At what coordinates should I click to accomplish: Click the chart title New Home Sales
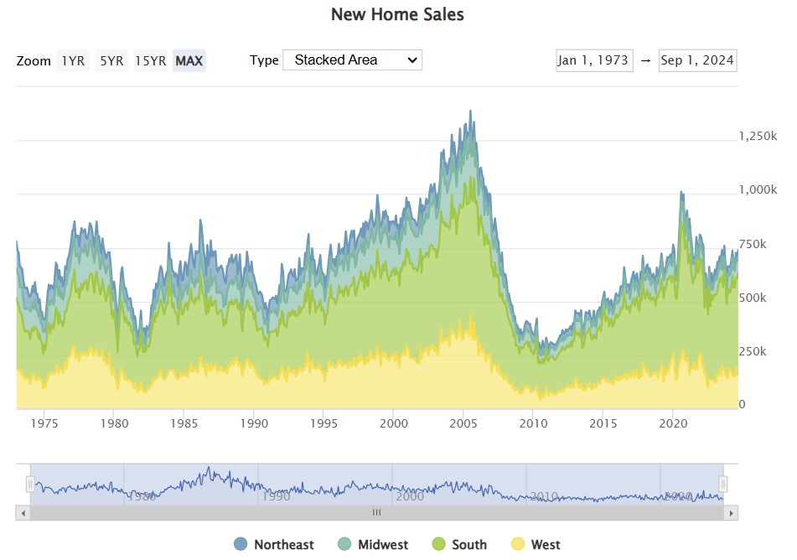point(397,14)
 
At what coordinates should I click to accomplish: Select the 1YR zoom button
point(73,60)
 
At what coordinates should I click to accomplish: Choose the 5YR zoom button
point(111,60)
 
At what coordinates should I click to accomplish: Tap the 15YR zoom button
point(150,60)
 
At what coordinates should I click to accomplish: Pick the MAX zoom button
point(189,60)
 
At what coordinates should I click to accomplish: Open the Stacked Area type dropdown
point(352,60)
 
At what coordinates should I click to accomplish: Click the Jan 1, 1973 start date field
point(594,60)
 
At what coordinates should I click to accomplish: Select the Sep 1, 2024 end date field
point(697,60)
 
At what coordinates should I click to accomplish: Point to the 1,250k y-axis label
point(758,136)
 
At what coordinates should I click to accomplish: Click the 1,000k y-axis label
point(758,190)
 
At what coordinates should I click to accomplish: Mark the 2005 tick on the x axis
point(463,423)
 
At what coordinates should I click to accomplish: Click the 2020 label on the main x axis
point(673,423)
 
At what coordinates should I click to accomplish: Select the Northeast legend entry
point(274,545)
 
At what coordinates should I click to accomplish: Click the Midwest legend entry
point(373,545)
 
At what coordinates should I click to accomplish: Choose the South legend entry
point(460,545)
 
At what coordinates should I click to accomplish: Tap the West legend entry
point(536,545)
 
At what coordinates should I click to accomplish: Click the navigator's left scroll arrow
point(23,512)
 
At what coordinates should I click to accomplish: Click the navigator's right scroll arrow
point(731,512)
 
